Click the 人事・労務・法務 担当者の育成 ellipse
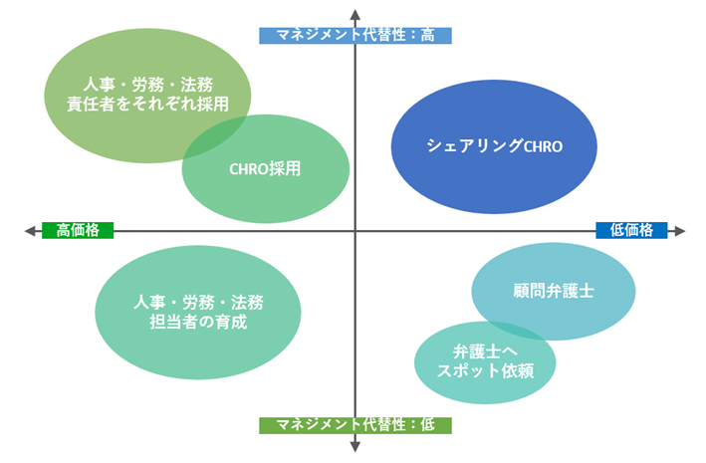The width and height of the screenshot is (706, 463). (x=198, y=312)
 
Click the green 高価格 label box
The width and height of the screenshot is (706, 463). (x=79, y=230)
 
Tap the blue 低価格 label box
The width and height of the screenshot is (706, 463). (x=631, y=230)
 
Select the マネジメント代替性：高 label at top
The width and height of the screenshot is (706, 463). (x=355, y=35)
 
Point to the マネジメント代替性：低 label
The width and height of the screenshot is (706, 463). (x=355, y=425)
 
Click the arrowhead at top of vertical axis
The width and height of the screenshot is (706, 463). (x=355, y=12)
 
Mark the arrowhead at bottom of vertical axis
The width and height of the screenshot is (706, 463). (x=355, y=447)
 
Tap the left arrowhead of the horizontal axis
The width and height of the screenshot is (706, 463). (x=30, y=231)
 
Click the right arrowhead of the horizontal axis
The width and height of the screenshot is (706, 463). (x=680, y=231)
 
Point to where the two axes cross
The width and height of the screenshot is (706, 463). (x=355, y=231)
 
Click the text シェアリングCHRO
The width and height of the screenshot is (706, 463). (x=495, y=146)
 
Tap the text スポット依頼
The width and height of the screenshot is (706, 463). (x=486, y=371)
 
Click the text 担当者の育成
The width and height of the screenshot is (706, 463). (x=198, y=322)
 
